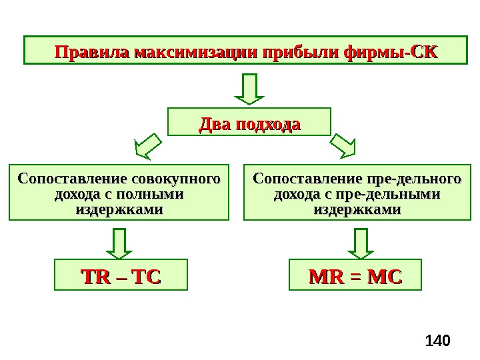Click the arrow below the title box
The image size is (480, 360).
pos(249,88)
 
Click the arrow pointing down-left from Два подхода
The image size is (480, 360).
pos(149,146)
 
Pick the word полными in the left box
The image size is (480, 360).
pos(154,194)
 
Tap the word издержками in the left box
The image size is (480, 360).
pos(119,209)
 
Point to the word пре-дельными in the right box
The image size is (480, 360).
pos(397,194)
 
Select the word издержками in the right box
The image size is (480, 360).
pos(357,209)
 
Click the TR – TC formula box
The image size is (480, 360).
pos(121,276)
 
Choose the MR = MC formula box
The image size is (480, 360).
pos(355,276)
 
